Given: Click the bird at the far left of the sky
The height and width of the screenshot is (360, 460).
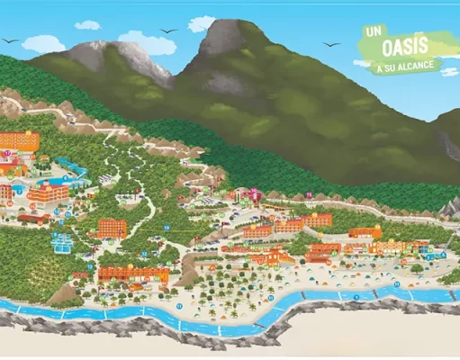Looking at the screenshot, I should tap(10, 40).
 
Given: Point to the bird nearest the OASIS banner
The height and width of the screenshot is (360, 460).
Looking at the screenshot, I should tap(332, 44).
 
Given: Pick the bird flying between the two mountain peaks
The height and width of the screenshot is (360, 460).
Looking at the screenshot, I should tap(168, 31).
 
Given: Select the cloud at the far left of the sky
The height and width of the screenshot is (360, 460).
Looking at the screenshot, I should tap(42, 43).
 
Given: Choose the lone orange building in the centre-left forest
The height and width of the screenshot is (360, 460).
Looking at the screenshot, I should tap(112, 227).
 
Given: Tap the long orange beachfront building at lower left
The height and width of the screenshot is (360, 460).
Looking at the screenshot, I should tap(133, 274).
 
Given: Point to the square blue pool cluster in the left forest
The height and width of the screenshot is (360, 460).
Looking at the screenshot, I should tap(61, 242).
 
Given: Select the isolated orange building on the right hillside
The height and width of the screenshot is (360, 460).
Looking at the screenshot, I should tap(365, 232).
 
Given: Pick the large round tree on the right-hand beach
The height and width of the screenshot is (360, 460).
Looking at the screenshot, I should tap(417, 267).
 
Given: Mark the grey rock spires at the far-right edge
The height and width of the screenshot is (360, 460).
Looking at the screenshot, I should tap(450, 209).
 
